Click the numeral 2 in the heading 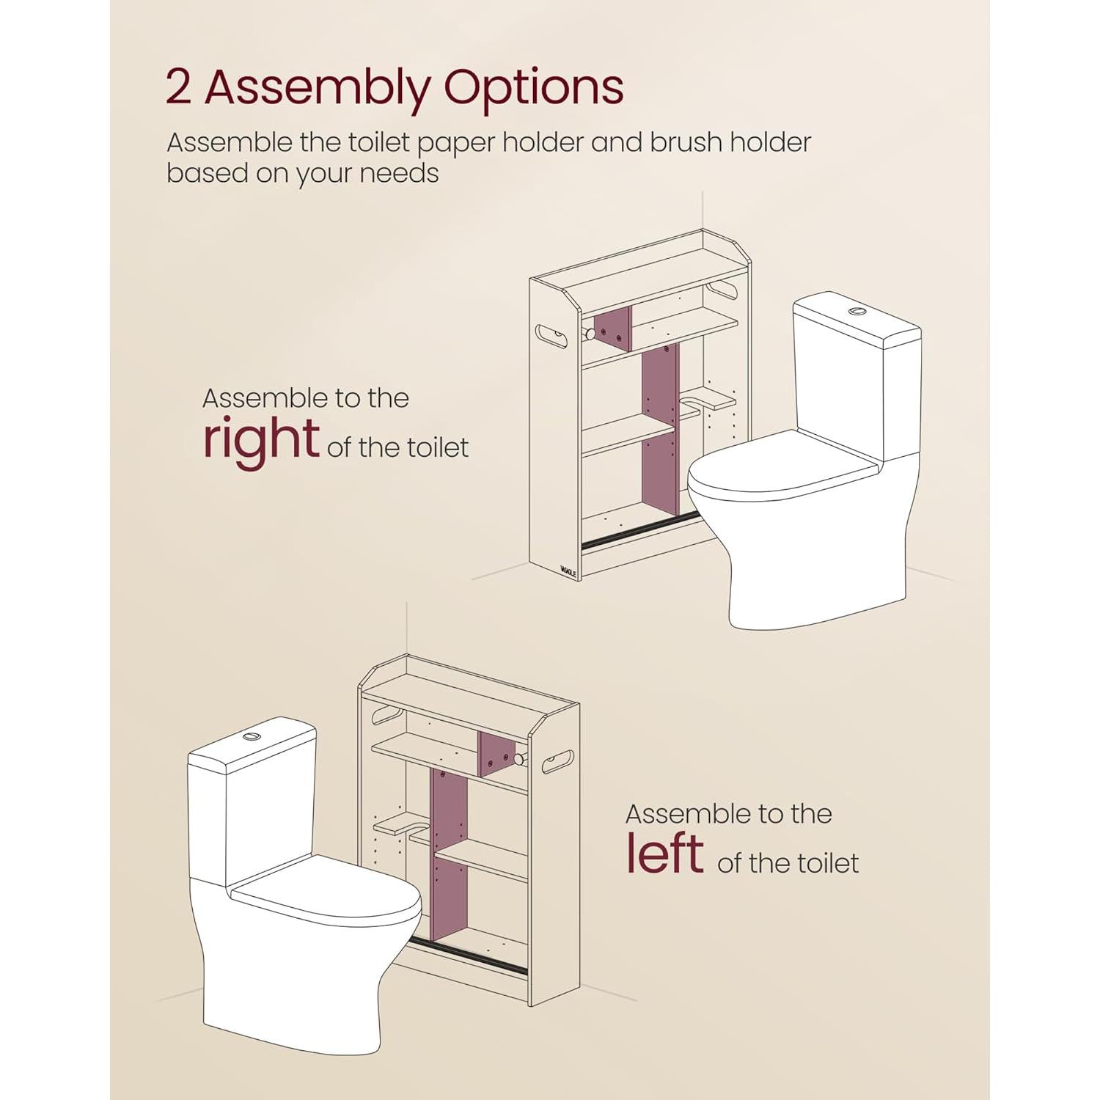tap(178, 87)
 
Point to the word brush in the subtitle tap(684, 142)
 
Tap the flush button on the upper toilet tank tap(857, 312)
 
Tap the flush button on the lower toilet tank tap(252, 736)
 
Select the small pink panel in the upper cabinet tap(612, 329)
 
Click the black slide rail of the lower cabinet tap(468, 955)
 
